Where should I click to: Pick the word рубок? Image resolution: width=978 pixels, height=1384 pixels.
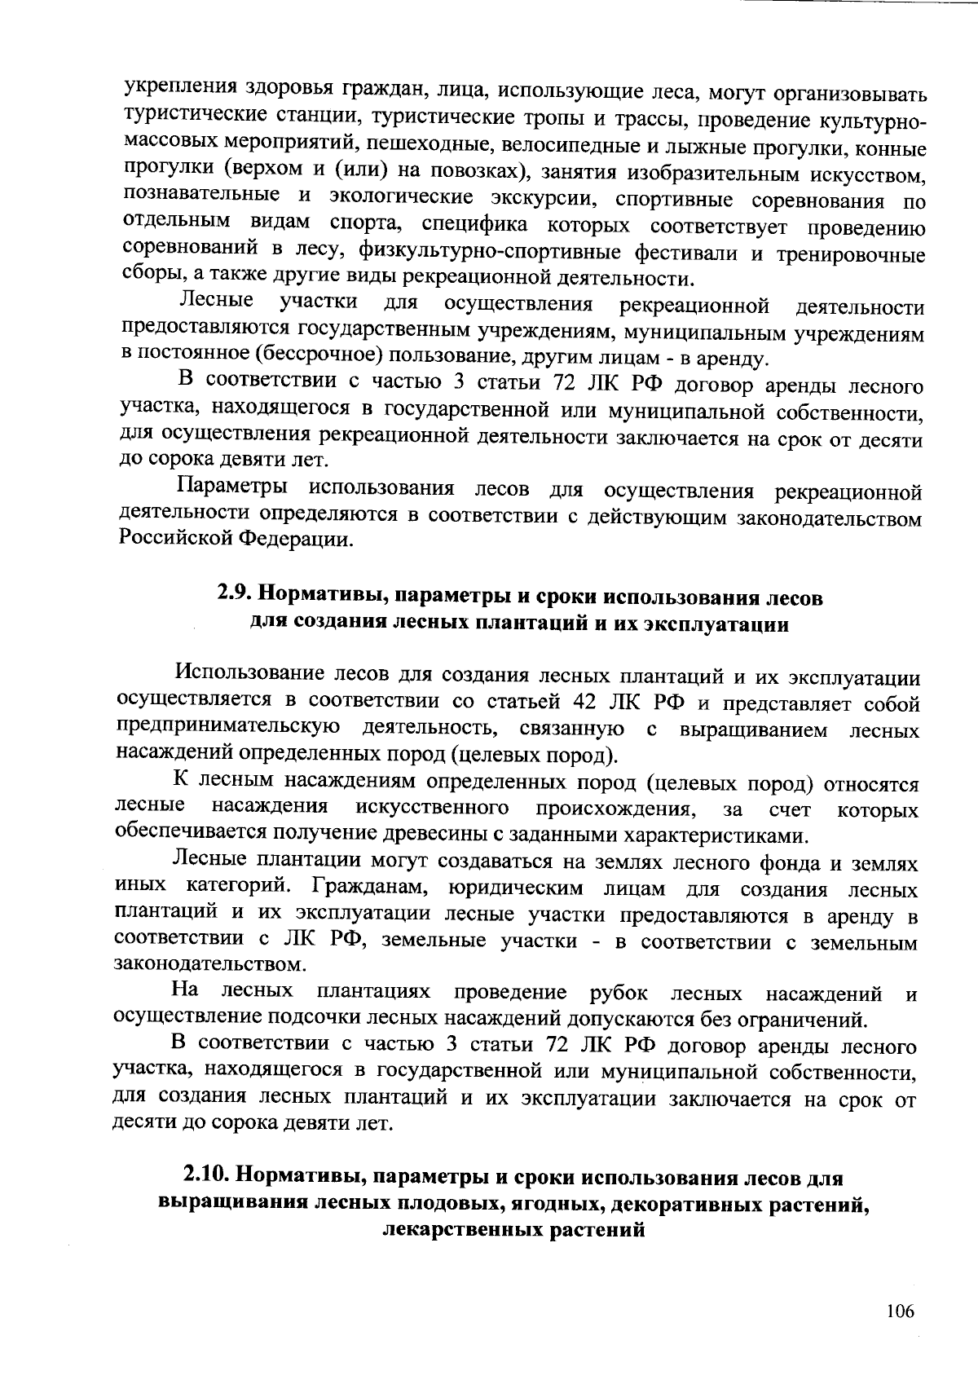619,993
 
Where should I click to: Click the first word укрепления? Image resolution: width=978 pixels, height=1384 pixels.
174,90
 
